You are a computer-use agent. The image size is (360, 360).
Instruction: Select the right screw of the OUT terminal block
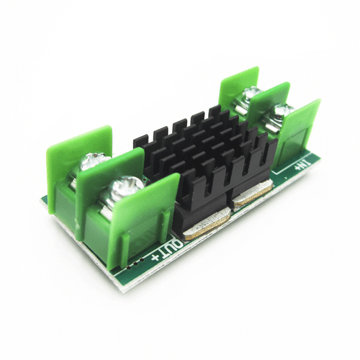pyautogui.click(x=117, y=192)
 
